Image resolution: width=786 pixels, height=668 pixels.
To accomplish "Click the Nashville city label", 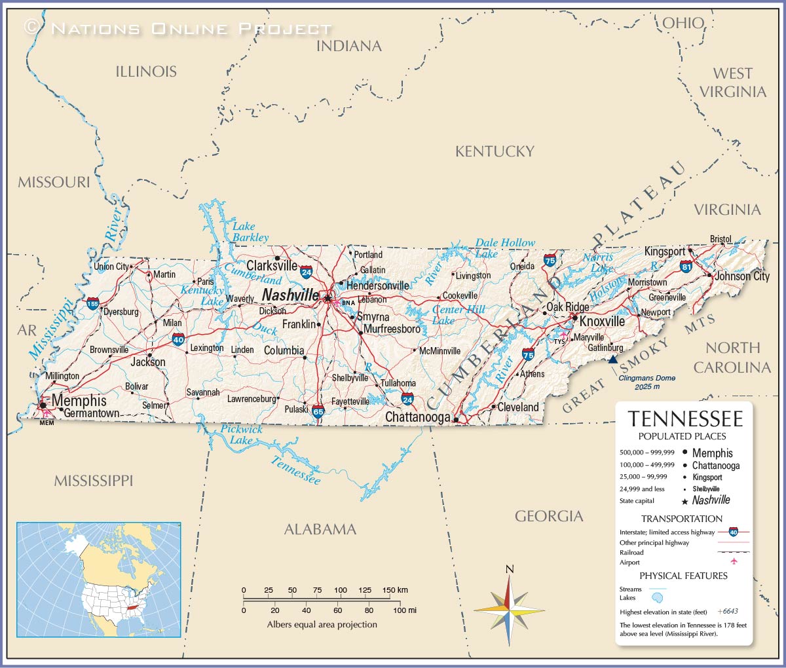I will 290,295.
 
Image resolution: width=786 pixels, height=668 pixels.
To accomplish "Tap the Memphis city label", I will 79,400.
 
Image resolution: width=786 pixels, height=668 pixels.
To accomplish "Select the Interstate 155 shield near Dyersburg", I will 93,303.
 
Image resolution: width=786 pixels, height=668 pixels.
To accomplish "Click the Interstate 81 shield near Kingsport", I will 686,267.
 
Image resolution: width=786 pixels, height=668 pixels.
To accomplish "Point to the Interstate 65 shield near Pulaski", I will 318,411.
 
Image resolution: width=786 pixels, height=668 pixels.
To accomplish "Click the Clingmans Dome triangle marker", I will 612,359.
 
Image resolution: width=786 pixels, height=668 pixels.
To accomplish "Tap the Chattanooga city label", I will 417,417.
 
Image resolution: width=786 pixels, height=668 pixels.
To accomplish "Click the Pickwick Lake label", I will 241,434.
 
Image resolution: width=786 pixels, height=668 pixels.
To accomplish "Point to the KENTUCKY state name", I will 495,151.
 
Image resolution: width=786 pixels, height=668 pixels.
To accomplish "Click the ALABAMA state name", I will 320,529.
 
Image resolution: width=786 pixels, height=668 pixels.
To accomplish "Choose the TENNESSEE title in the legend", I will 685,419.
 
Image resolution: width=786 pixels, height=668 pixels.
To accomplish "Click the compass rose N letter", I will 510,568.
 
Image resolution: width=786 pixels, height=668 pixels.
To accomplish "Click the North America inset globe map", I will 98,579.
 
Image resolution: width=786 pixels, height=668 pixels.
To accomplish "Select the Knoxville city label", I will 602,322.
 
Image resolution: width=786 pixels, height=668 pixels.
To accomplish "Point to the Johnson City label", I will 741,276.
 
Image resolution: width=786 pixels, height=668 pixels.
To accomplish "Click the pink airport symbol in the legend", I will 734,562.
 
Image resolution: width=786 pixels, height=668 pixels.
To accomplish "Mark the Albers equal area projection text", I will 322,624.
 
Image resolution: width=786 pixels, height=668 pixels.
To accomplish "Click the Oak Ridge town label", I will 567,307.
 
